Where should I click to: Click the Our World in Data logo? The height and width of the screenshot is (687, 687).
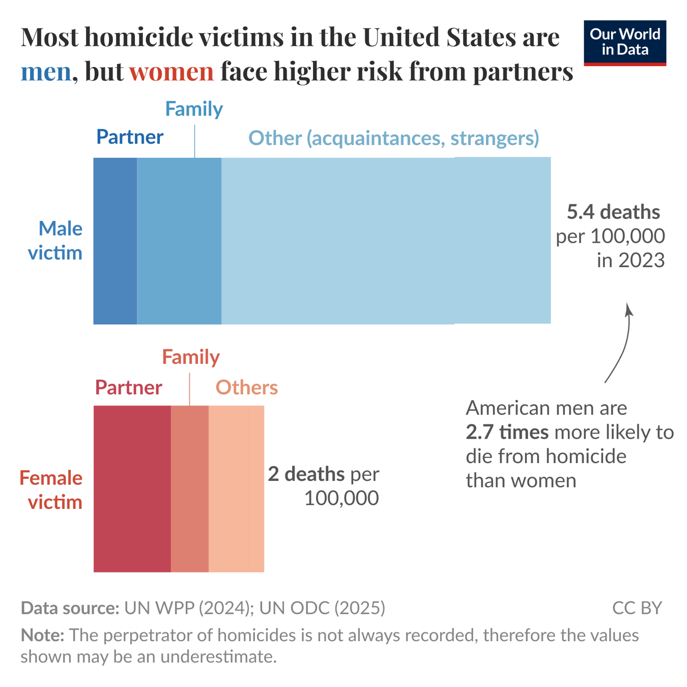coord(624,43)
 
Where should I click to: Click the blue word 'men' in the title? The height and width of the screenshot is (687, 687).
coord(46,71)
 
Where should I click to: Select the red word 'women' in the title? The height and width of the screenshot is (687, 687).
coord(171,71)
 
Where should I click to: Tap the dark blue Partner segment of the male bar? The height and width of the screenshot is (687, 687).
coord(115,241)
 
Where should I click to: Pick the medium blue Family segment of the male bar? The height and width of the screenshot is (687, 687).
coord(179,241)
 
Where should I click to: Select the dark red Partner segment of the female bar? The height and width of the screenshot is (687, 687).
coord(132,489)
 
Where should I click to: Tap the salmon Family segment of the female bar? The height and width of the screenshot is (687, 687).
coord(189,489)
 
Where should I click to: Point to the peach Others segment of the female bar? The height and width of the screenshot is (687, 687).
coord(236,489)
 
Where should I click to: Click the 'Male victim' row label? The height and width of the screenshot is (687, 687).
coord(55,241)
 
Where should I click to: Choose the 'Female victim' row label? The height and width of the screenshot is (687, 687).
coord(51,490)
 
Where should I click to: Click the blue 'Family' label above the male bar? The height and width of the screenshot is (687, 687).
coord(194,109)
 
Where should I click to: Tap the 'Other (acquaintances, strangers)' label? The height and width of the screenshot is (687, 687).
coord(393,138)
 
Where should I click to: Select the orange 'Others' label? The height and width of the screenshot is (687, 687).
coord(247,387)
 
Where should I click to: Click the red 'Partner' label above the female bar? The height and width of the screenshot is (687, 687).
coord(129,387)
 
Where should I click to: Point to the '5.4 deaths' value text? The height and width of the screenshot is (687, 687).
coord(613,212)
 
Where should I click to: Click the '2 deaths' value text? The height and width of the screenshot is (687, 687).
coord(306,474)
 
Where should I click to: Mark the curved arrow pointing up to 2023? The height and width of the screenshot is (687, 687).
coord(621,346)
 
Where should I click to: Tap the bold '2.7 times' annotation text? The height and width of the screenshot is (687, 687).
coord(507,432)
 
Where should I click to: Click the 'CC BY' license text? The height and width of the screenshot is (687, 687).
coord(637,608)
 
